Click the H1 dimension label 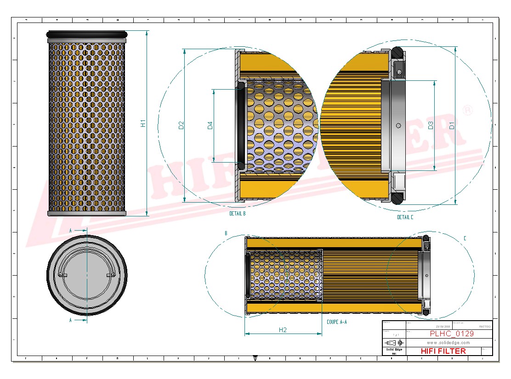point(143,123)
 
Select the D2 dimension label point(181,125)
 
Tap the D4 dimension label point(210,125)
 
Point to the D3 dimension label point(431,125)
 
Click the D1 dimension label point(452,125)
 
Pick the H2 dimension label point(283,330)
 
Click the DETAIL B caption point(238,214)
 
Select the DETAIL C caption point(405,217)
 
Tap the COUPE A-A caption point(336,322)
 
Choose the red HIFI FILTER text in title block point(443,351)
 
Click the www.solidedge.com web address point(448,343)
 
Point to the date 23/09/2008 point(443,326)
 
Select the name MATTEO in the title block point(484,326)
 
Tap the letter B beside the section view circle point(226,233)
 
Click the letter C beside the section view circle point(465,238)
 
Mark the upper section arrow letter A point(70,230)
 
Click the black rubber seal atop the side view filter point(87,34)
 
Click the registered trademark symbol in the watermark point(467,110)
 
